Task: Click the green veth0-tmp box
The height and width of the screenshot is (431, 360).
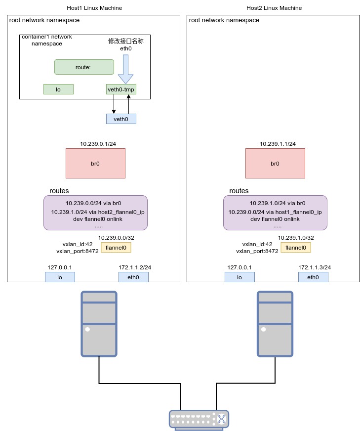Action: point(121,89)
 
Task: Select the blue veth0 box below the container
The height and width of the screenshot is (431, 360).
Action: point(121,119)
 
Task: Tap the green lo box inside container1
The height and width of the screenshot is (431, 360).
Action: point(58,89)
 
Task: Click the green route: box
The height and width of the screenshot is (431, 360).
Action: point(84,67)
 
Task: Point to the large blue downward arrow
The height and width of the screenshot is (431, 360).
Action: point(125,69)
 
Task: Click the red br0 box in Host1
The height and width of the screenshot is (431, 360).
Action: point(95,163)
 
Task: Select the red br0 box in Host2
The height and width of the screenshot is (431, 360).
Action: point(275,163)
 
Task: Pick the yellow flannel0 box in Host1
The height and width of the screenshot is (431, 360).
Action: point(116,248)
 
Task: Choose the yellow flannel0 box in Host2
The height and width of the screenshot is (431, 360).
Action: point(296,248)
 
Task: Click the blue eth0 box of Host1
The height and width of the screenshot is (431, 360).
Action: point(133,277)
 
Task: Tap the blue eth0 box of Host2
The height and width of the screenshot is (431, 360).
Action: point(313,277)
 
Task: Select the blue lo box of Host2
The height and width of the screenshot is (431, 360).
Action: point(240,277)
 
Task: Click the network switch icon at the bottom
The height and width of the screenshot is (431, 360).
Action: point(199,420)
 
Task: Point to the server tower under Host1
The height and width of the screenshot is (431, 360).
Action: point(99,324)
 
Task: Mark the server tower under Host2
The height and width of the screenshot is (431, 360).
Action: point(275,324)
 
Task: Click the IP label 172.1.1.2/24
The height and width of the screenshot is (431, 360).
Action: point(135,267)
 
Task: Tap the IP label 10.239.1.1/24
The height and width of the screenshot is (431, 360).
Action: point(278,144)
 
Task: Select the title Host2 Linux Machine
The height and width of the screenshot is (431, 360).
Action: point(274,8)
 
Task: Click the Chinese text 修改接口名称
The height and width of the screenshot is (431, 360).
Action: point(126,41)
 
